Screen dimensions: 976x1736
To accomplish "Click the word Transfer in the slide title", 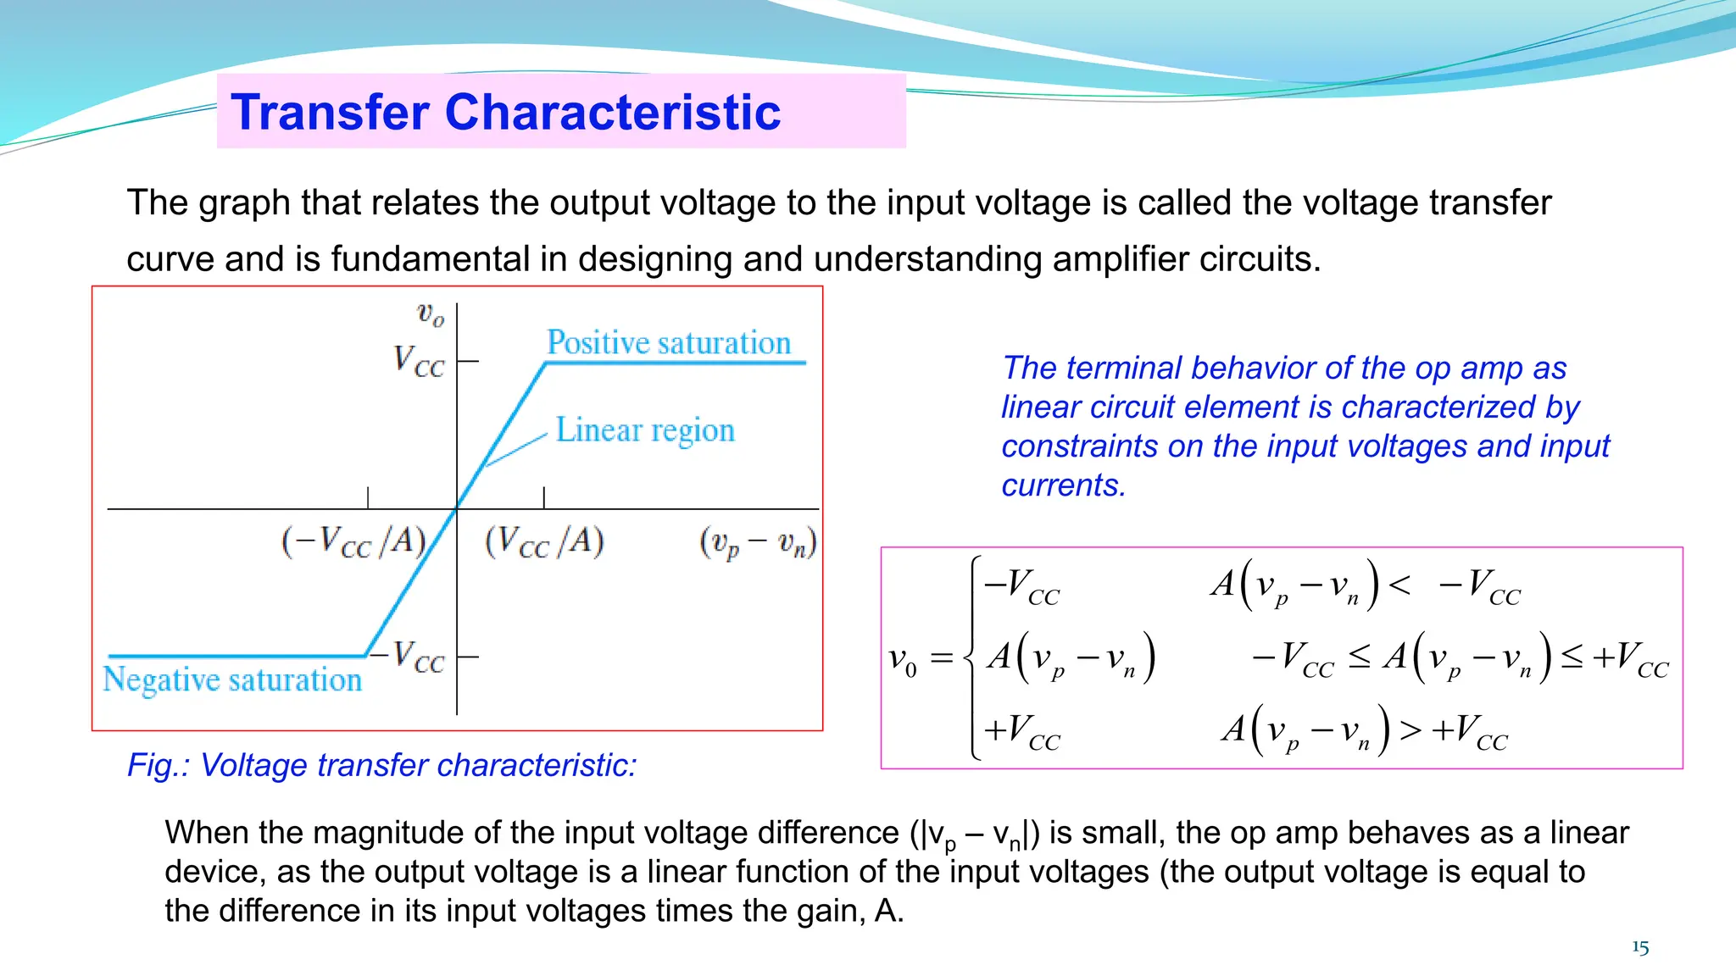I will point(329,112).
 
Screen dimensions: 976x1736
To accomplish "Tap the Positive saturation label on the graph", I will point(669,342).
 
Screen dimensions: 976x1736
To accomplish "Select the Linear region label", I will point(645,430).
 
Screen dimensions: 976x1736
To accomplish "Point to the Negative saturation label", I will point(232,679).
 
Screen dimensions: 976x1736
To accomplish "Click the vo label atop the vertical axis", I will point(431,315).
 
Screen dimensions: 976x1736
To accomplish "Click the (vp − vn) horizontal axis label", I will point(758,542).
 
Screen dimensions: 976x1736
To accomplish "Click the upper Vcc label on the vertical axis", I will point(419,362).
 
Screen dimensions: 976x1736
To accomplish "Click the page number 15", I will point(1640,947).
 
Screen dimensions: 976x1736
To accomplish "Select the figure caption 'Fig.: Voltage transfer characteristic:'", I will point(381,765).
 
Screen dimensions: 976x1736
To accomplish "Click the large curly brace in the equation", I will point(973,657).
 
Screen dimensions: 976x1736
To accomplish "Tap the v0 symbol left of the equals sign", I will point(902,659).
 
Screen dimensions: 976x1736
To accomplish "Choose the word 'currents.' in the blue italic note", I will point(1063,485).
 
